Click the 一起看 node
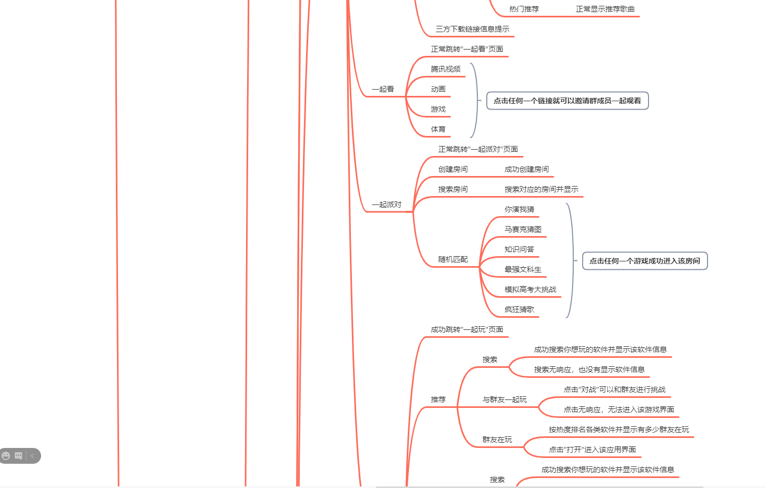(x=383, y=90)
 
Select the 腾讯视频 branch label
(x=446, y=70)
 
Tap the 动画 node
(x=438, y=90)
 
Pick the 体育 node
(x=438, y=130)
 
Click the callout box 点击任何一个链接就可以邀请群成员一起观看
(x=567, y=101)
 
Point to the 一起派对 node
(x=387, y=205)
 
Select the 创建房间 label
(x=453, y=170)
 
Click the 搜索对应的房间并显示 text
(x=542, y=190)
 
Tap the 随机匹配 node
(x=453, y=260)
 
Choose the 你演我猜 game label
(x=519, y=210)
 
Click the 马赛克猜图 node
(x=523, y=230)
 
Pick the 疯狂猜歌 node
(x=519, y=310)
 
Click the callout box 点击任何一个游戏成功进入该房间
(x=645, y=261)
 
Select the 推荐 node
(x=438, y=400)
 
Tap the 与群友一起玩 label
(x=505, y=400)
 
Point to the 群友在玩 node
(x=497, y=440)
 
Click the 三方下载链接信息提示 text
(x=473, y=30)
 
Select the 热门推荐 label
(x=524, y=9)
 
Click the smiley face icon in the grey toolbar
(x=6, y=456)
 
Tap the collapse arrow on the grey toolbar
(x=33, y=456)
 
